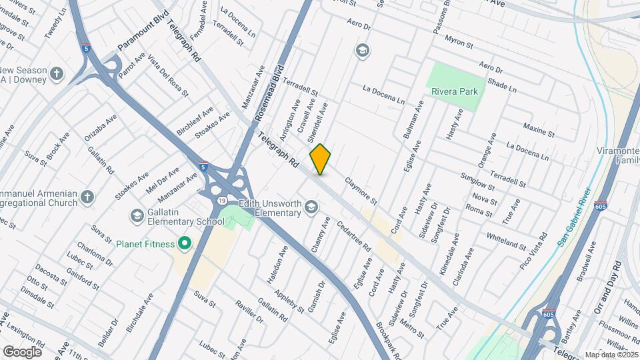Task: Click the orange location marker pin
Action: (x=320, y=159)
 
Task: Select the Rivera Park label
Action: (x=456, y=92)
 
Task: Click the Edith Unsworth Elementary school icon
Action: (x=311, y=208)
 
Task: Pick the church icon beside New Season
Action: (x=57, y=74)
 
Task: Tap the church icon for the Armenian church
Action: (x=88, y=197)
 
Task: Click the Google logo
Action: (x=22, y=351)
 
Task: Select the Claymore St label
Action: (x=361, y=191)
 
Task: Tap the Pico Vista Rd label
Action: (x=533, y=251)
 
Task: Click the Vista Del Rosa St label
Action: (x=166, y=75)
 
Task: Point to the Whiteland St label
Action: (x=506, y=241)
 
